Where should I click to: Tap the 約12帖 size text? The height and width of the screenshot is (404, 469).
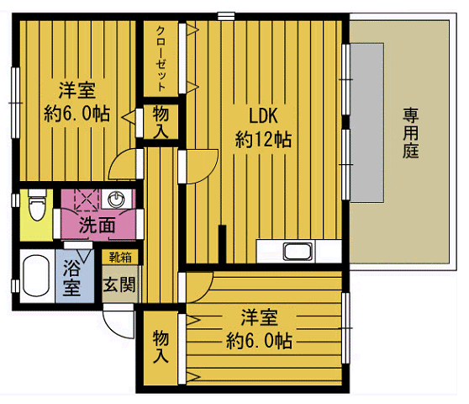[262, 141]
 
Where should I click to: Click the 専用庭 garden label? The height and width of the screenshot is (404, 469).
[410, 133]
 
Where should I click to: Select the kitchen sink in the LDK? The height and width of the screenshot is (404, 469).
[299, 252]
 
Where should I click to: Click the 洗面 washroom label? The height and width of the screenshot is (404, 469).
[97, 225]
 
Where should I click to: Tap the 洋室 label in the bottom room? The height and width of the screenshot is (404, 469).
[260, 317]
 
